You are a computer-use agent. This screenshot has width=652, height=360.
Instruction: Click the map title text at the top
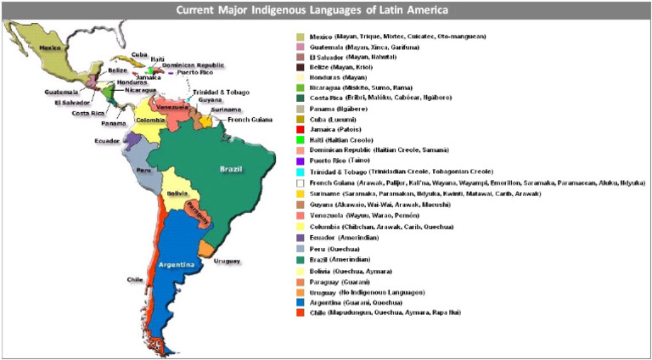[x=326, y=10]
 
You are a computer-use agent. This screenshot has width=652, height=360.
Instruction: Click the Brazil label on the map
[x=230, y=168]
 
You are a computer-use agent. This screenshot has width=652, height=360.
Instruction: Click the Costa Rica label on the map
[x=87, y=113]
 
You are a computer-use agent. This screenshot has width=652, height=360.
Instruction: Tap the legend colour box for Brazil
[x=300, y=260]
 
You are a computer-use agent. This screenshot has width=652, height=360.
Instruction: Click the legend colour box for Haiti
[x=300, y=139]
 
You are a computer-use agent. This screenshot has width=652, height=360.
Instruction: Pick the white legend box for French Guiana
[x=300, y=183]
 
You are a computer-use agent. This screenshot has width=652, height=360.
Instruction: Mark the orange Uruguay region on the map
[x=206, y=248]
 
